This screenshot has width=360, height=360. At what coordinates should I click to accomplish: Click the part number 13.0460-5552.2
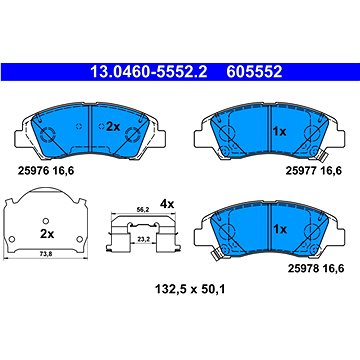(149, 72)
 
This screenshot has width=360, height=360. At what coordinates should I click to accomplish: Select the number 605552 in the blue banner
(254, 72)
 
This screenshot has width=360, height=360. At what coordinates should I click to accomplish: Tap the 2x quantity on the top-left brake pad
(113, 127)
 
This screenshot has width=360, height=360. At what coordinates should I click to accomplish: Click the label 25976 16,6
(45, 171)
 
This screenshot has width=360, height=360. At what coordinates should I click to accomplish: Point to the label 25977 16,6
(314, 171)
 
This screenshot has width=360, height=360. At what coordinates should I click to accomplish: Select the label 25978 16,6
(316, 268)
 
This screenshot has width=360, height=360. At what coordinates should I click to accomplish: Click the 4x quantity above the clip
(167, 204)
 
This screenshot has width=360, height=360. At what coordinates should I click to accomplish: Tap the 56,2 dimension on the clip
(143, 210)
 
